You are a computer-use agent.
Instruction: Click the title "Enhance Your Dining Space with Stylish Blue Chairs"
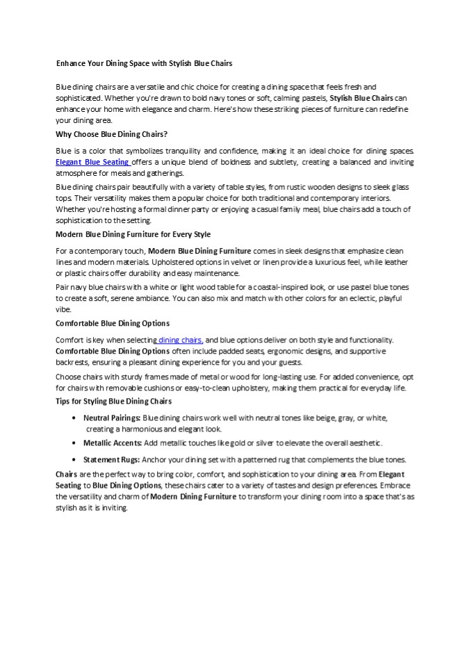coord(144,63)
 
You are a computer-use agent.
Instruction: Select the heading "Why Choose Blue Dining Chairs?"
coord(111,133)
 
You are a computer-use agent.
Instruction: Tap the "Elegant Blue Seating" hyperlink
coord(92,162)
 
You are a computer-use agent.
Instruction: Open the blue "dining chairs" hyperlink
coord(179,340)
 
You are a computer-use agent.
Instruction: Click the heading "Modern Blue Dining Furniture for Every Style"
coord(133,234)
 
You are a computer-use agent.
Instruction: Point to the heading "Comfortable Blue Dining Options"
coord(113,323)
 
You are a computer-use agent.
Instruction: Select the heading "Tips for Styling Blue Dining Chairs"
coord(113,402)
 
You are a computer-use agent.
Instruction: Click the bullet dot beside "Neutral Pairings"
coord(74,418)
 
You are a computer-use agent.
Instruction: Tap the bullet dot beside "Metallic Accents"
coord(74,443)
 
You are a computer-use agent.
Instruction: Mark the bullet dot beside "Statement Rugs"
coord(74,460)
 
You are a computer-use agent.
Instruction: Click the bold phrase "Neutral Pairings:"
coord(112,418)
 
